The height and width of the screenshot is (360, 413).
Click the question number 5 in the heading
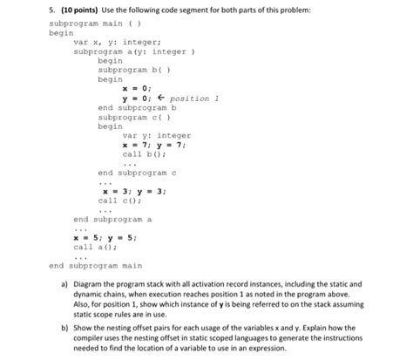[x=19, y=9]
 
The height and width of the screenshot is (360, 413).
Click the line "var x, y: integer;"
[x=112, y=42]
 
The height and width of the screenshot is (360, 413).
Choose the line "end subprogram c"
[x=138, y=173]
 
